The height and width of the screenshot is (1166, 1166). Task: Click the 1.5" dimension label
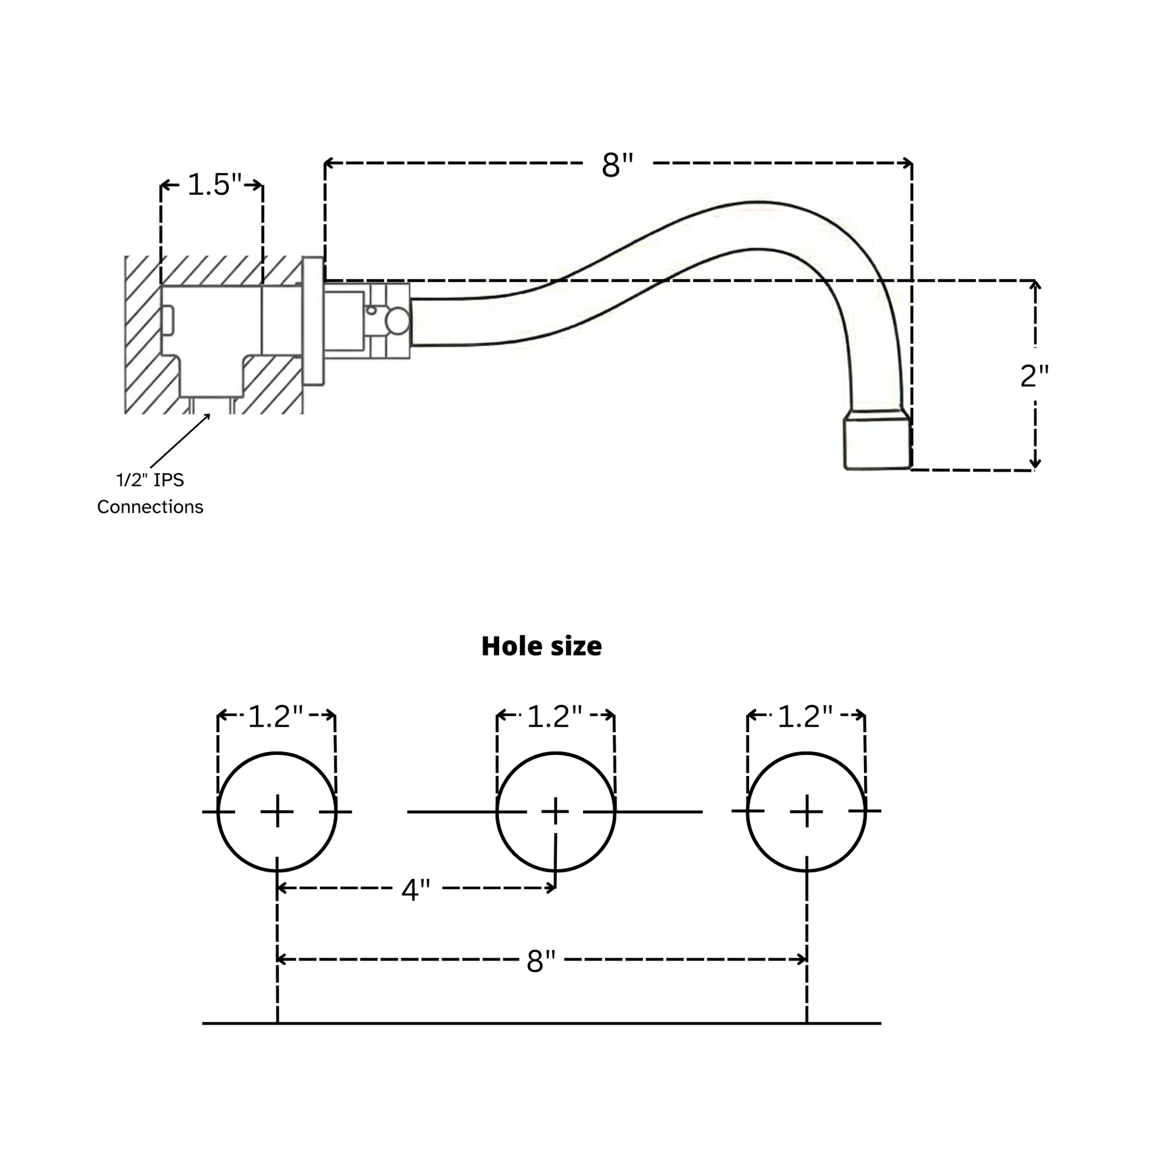point(215,185)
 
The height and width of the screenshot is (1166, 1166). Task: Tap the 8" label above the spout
point(617,165)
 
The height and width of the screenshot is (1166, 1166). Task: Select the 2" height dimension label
point(1034,376)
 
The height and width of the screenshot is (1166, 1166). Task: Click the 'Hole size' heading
point(542,647)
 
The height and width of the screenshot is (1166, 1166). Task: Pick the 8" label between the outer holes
point(540,962)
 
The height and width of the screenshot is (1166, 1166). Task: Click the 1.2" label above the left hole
point(276,717)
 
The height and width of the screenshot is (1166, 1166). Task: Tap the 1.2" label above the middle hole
point(555,717)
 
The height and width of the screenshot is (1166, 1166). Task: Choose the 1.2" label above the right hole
point(805,717)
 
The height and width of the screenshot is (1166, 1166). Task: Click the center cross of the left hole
point(277,812)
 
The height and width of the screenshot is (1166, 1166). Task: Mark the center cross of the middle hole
point(555,812)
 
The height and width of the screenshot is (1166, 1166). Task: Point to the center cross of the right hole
point(806,812)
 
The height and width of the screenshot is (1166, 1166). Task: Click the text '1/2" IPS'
point(150,481)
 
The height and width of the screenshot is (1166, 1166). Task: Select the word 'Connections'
point(150,507)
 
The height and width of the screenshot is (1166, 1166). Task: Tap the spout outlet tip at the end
point(877,440)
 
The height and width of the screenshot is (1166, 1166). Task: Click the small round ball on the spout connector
point(397,321)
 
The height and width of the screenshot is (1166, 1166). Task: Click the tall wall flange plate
point(313,321)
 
